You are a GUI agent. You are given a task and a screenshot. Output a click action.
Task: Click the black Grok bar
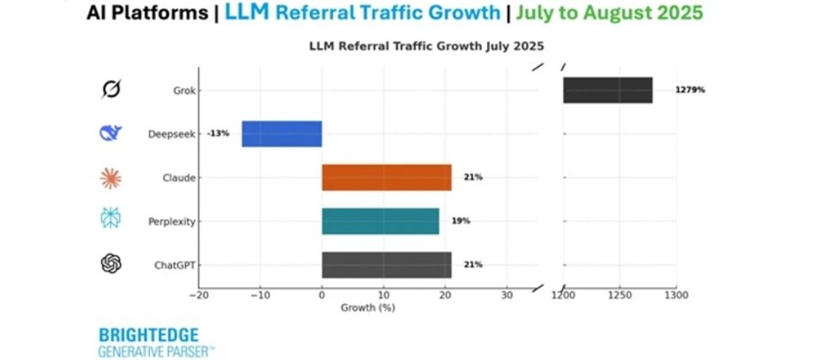pos(607,90)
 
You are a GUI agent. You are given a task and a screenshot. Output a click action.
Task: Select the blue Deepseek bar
pos(281,134)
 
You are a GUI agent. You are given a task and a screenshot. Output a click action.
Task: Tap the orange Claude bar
pos(386,177)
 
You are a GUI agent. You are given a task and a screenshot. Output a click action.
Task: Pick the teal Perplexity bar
pos(380,221)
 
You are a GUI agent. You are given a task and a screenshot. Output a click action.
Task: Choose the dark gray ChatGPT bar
pos(386,265)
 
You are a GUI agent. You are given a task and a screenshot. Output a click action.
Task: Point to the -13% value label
pos(218,134)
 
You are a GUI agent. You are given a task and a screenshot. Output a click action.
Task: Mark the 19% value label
pos(460,221)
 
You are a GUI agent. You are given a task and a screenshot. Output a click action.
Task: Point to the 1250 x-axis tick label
pos(619,296)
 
